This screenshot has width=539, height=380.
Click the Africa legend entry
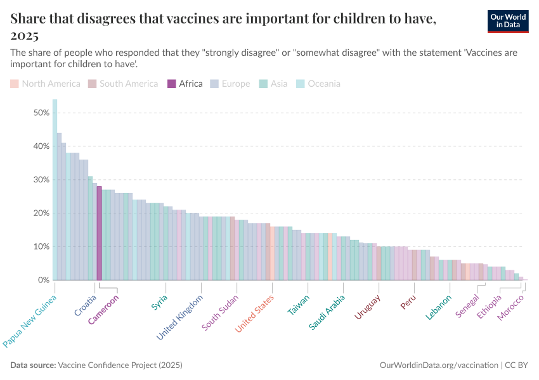(x=185, y=84)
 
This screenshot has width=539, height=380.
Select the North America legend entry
(x=45, y=84)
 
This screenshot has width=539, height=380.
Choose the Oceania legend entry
(x=318, y=84)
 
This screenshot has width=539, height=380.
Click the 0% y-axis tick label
(x=43, y=280)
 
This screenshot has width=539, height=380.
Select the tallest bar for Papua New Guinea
(x=55, y=189)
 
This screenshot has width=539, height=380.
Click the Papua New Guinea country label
(x=30, y=321)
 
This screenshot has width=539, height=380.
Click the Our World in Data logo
(x=508, y=20)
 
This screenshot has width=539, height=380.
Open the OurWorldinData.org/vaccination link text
(x=438, y=365)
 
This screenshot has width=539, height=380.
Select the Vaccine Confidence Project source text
(x=120, y=365)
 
